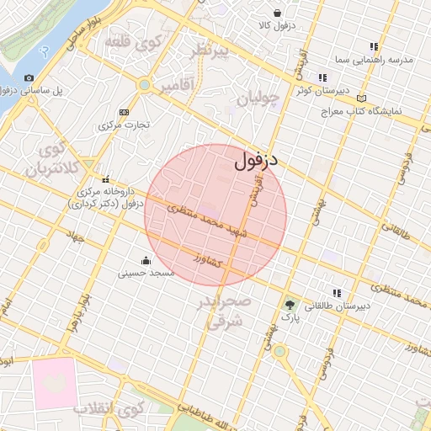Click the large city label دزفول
257,158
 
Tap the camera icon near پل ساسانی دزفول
29,77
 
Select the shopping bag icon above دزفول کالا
278,13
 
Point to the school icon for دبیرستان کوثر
322,77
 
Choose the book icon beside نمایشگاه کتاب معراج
362,98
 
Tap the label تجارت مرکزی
124,125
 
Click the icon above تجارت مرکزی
125,112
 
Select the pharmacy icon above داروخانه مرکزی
105,179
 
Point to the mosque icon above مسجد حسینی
146,260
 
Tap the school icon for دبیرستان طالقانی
337,293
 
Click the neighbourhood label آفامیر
176,84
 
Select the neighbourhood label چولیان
257,99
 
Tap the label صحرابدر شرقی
225,310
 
